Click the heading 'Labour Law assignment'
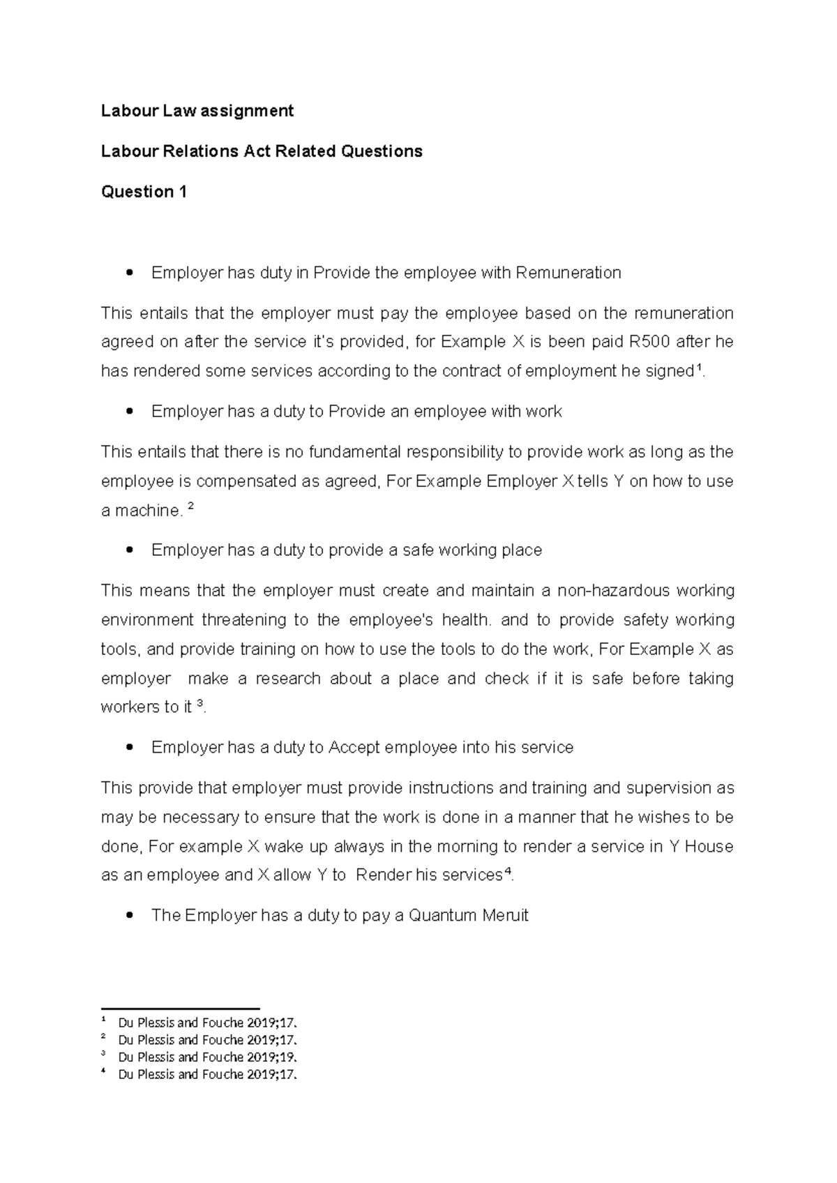[197, 111]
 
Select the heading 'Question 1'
[144, 192]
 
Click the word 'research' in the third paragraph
[287, 679]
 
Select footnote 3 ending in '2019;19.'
[207, 1057]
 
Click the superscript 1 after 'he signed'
[700, 368]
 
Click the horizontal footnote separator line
[180, 1008]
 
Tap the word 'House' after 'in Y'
[709, 847]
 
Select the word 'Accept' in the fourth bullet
[354, 748]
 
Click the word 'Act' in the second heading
[257, 151]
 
